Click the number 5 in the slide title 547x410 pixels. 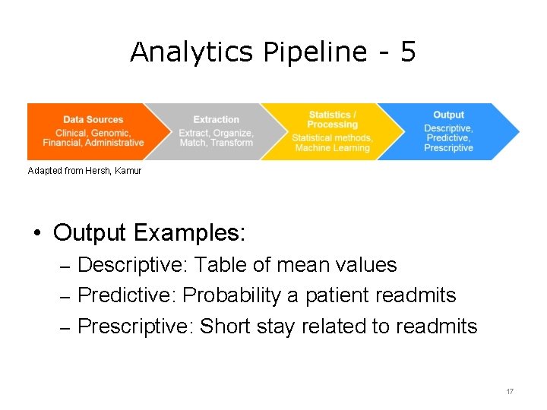pyautogui.click(x=407, y=52)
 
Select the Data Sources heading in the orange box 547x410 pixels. pyautogui.click(x=93, y=119)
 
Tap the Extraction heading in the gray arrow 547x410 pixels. pyautogui.click(x=216, y=119)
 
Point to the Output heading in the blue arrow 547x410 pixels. pyautogui.click(x=448, y=115)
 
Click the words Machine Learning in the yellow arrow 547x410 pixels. pyautogui.click(x=332, y=148)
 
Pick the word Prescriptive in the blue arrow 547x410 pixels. pyautogui.click(x=448, y=148)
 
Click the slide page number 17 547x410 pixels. pyautogui.click(x=510, y=391)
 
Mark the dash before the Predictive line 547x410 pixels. pyautogui.click(x=65, y=296)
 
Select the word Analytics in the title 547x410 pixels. pyautogui.click(x=192, y=52)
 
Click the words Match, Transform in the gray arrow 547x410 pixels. pyautogui.click(x=216, y=143)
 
